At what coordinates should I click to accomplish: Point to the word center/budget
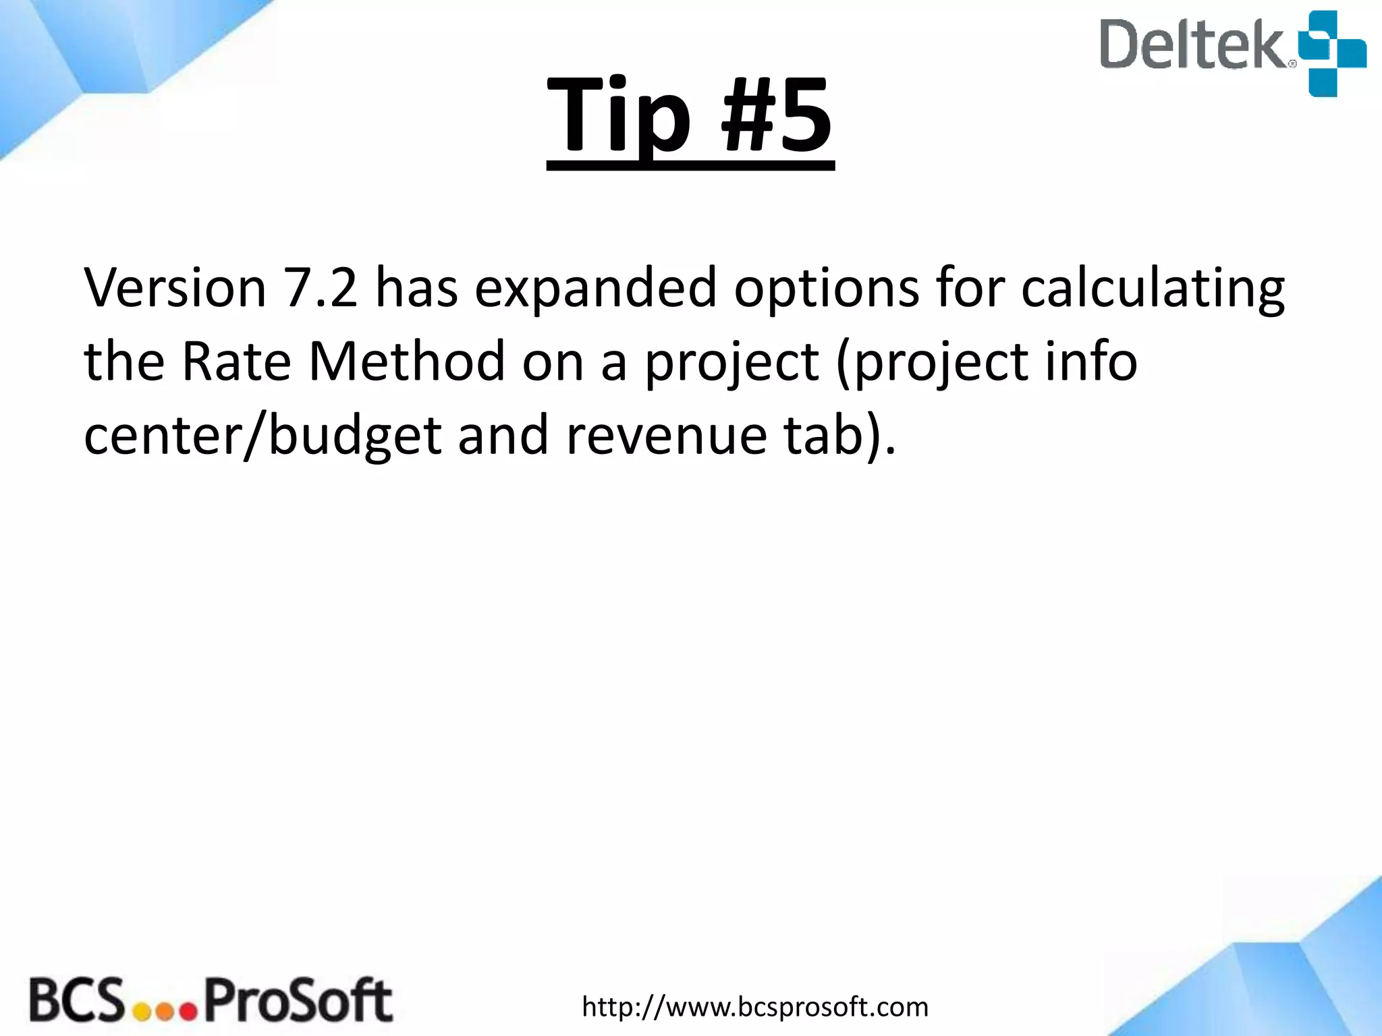(262, 437)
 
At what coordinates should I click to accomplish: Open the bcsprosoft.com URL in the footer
(755, 1007)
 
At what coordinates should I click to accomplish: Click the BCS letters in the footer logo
(76, 1000)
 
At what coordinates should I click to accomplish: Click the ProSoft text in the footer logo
(298, 1001)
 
